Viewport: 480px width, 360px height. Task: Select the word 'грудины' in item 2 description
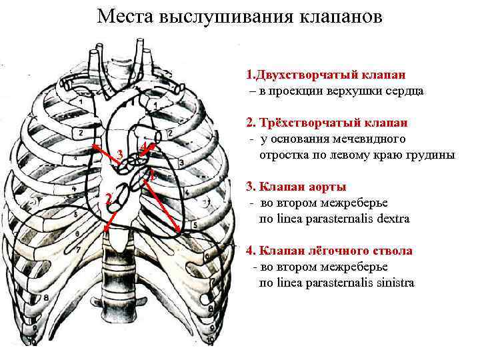(433, 155)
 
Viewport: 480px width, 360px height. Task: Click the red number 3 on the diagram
(119, 155)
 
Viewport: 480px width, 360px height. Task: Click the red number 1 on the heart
(153, 177)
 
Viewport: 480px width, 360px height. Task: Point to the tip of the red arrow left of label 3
(93, 145)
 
